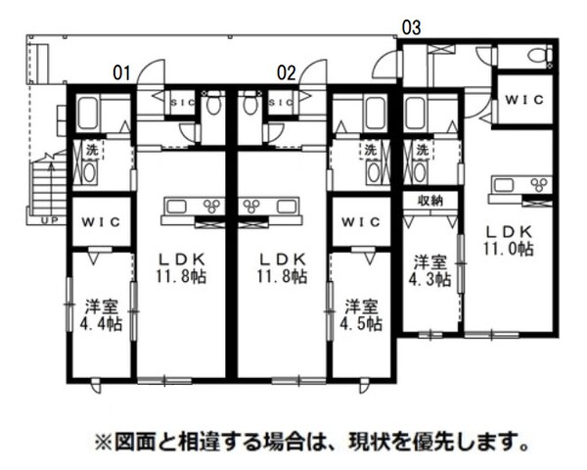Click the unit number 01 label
(x=122, y=71)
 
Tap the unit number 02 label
(x=286, y=71)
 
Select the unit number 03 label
(x=411, y=26)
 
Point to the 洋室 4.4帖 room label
(x=101, y=314)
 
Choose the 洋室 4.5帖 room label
(x=360, y=314)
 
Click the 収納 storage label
(x=431, y=200)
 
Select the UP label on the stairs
(x=47, y=221)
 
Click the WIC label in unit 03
(x=524, y=98)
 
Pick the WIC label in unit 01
(x=100, y=221)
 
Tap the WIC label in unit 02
(x=361, y=221)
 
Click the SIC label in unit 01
(x=182, y=100)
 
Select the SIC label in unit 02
(x=282, y=100)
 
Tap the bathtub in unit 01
(x=88, y=116)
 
